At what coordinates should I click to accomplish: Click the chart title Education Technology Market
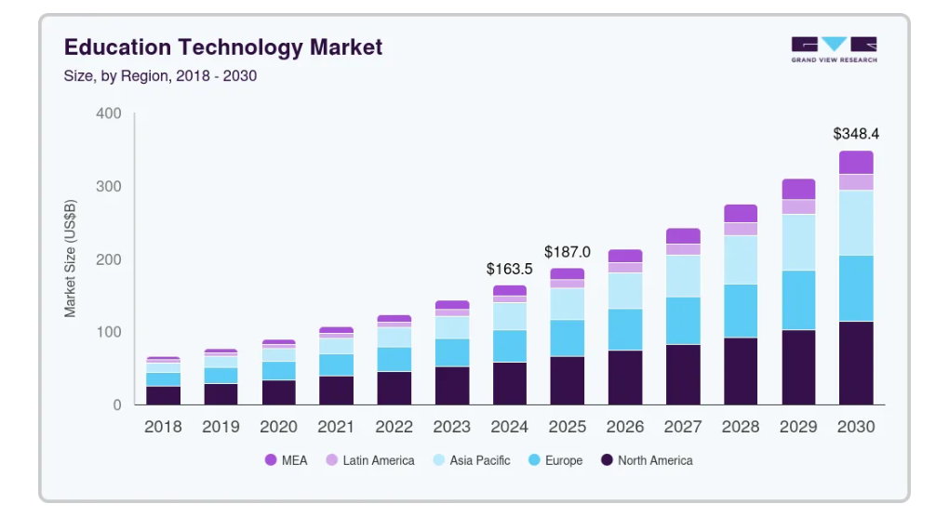point(222,47)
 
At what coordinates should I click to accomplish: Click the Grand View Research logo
point(834,49)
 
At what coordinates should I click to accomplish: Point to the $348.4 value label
point(855,134)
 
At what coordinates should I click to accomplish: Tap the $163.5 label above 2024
point(510,269)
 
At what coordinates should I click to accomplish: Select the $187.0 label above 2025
point(568,252)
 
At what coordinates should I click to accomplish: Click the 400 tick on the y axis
point(109,113)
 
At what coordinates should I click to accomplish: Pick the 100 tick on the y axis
point(109,332)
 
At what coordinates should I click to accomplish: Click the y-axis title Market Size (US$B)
point(71,258)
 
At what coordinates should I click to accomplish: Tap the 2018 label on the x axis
point(164,427)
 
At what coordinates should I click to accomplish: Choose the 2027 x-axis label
point(683,427)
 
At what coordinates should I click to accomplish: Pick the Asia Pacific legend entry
point(471,460)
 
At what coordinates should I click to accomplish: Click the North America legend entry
point(647,460)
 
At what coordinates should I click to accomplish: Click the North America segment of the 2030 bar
point(856,363)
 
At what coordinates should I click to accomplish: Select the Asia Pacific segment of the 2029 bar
point(798,243)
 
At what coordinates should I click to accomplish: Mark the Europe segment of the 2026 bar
point(625,329)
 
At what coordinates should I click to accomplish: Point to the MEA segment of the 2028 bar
point(741,213)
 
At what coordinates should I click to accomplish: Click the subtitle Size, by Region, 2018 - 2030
point(160,76)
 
